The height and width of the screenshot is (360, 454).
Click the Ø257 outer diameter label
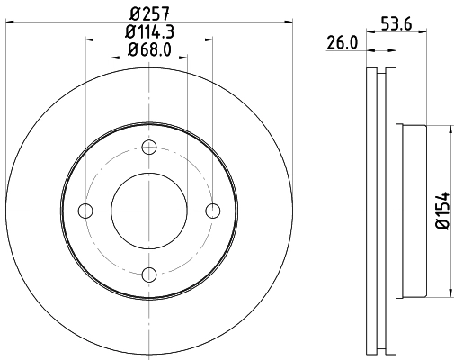149,13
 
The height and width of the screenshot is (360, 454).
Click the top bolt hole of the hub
149,148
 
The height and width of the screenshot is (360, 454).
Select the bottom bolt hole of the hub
149,274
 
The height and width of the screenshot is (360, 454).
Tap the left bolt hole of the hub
86,211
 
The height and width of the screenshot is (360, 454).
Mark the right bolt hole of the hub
212,211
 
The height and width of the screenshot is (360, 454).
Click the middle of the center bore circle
149,211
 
